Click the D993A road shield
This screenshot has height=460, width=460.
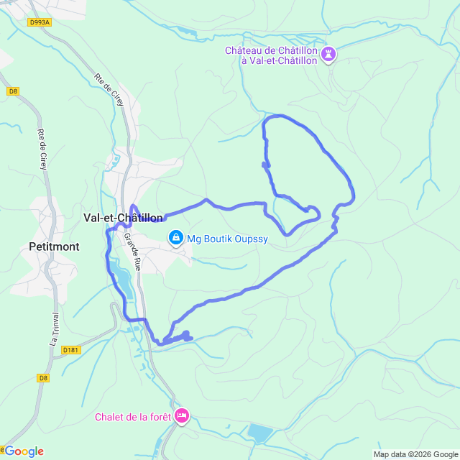[x=40, y=22]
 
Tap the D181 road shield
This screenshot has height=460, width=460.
[x=70, y=350]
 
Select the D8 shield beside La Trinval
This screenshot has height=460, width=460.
[x=43, y=377]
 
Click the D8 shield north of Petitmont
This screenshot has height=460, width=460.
[x=13, y=91]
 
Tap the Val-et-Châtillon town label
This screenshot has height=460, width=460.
[x=123, y=217]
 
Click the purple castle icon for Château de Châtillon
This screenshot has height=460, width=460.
[x=329, y=55]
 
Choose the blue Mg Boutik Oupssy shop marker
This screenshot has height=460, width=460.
[x=175, y=237]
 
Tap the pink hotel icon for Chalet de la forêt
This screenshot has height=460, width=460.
[x=183, y=415]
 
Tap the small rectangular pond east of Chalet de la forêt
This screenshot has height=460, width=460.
[x=259, y=432]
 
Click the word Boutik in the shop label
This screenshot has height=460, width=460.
[x=213, y=239]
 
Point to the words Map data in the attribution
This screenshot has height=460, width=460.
[x=389, y=454]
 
